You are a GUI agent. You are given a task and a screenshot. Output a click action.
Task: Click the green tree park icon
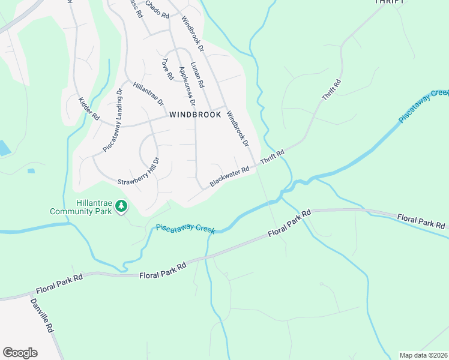(x=122, y=206)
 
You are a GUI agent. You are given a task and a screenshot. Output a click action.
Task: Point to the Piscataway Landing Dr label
(x=112, y=119)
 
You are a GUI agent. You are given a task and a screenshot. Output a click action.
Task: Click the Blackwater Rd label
(x=229, y=176)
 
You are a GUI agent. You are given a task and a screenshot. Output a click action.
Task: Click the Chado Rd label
(x=157, y=10)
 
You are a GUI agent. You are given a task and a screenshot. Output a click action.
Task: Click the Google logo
(x=20, y=353)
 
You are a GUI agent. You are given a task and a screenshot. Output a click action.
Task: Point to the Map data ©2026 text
(x=423, y=355)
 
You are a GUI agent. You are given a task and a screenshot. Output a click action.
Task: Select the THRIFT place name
(x=388, y=2)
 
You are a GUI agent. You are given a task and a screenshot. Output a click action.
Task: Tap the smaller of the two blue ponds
(x=31, y=171)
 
